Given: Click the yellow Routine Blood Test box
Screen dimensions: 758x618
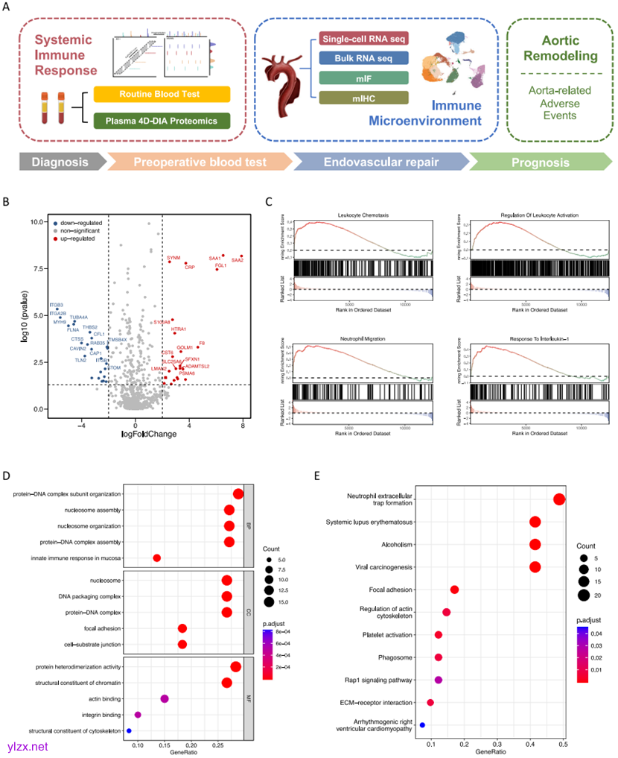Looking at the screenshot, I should [x=162, y=94].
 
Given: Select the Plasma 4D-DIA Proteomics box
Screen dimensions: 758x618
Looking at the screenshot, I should [x=162, y=120].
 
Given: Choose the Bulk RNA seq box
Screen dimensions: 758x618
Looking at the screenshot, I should [x=362, y=57].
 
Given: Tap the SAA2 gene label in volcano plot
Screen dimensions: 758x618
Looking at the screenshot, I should [x=238, y=261].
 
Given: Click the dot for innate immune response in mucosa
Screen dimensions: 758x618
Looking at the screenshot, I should [x=157, y=558].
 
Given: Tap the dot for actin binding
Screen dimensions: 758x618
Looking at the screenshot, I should [x=165, y=698].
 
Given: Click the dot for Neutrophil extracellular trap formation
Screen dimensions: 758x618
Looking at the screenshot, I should [x=559, y=499].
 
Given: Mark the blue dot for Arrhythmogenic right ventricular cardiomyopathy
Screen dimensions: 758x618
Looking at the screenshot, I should [x=422, y=724].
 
